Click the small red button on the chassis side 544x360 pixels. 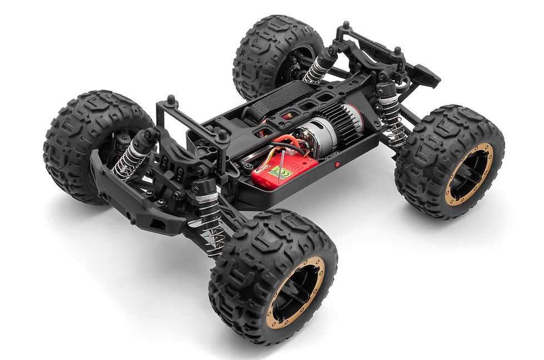pos(337,164)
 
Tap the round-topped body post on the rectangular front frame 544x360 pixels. pos(170,100)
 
